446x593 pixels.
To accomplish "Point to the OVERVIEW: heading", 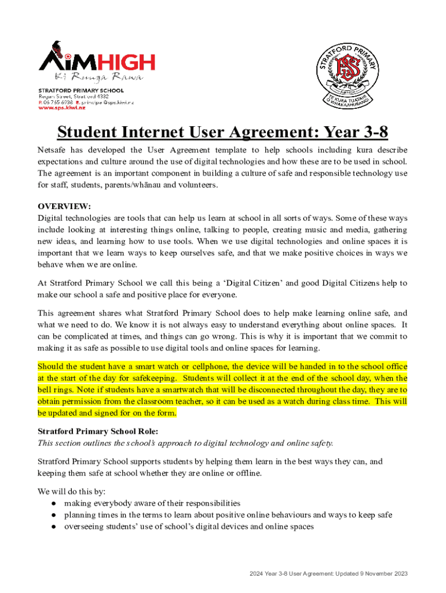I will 64,206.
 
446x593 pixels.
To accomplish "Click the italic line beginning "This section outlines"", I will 185,443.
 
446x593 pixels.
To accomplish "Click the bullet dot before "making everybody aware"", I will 53,503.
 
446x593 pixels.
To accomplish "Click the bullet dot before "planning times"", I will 53,515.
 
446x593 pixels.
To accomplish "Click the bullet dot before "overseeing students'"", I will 53,527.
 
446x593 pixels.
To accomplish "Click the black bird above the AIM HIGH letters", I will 57,47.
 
